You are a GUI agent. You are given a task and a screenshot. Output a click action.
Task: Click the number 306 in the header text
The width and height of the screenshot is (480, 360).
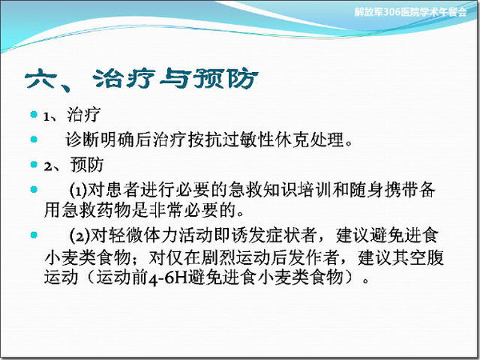391,12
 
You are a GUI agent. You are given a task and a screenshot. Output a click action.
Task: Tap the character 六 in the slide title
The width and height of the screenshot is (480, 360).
41,79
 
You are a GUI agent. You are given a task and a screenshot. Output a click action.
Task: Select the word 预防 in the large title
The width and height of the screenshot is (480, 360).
227,78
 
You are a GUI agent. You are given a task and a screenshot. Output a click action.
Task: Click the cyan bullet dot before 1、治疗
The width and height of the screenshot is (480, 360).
34,114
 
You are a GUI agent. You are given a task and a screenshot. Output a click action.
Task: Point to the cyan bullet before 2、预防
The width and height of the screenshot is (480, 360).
34,164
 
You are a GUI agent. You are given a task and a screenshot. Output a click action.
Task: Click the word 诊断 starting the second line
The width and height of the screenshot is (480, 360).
82,140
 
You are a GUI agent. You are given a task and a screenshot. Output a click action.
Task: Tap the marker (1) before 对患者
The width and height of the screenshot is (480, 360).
78,190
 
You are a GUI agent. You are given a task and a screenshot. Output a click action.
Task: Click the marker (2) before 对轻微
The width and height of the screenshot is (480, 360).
79,236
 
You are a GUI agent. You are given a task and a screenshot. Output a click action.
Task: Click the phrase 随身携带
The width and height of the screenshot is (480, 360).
384,190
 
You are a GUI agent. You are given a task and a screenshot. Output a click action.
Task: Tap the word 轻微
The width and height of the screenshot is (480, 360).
126,235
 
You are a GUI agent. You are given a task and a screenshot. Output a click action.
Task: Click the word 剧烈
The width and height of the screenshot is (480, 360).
218,258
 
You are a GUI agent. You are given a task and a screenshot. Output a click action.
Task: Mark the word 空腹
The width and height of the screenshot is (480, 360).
426,258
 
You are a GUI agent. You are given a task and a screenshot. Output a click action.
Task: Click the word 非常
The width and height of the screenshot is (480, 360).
166,210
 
